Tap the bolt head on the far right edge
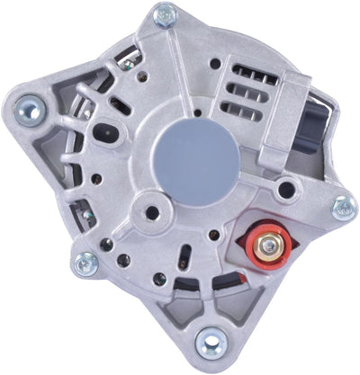tap(344, 209)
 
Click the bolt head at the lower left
tap(86, 263)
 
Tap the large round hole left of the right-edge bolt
tap(286, 191)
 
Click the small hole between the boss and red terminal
tap(213, 236)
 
